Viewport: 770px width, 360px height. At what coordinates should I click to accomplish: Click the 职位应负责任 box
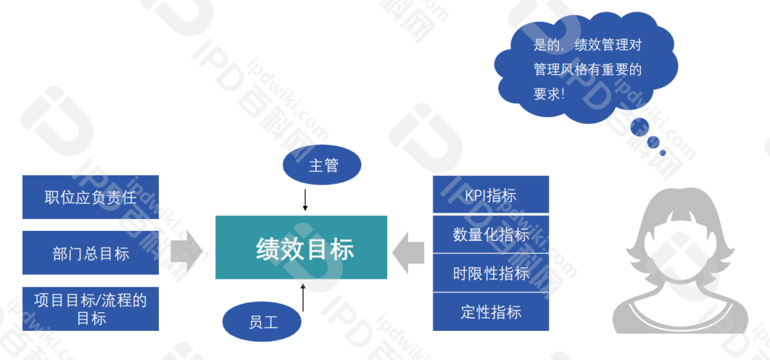tap(90, 197)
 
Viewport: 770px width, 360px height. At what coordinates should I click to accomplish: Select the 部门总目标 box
tap(90, 253)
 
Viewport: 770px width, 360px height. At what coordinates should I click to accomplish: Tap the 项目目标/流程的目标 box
tap(90, 309)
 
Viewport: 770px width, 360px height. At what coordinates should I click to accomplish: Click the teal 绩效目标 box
tap(301, 247)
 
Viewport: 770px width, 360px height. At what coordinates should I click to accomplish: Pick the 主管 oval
tap(322, 166)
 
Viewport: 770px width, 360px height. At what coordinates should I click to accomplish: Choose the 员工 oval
tap(262, 322)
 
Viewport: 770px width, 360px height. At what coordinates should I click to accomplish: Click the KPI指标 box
tap(491, 195)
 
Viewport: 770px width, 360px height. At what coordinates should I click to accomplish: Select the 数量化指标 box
tap(491, 234)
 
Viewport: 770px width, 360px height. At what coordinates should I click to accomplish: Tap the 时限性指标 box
tap(491, 273)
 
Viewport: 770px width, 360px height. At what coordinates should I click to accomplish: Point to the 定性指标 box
tap(491, 312)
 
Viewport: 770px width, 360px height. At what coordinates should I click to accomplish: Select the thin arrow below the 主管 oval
tap(305, 198)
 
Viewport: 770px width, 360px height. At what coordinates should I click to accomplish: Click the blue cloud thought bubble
tap(585, 68)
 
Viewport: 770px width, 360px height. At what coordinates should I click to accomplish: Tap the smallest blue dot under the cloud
tap(662, 153)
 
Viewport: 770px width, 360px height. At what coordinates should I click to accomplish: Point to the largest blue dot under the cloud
tap(640, 127)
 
